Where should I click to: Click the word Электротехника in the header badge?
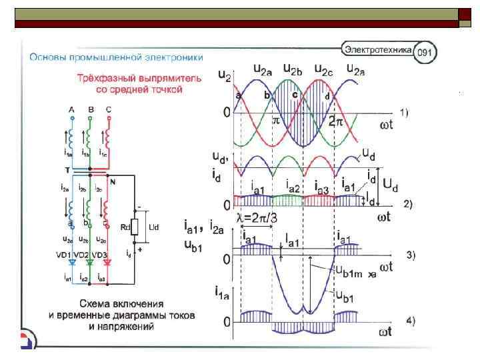pyautogui.click(x=378, y=49)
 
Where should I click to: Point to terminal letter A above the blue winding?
pyautogui.click(x=71, y=109)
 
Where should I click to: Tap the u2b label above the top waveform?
pyautogui.click(x=295, y=69)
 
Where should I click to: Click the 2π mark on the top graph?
pyautogui.click(x=337, y=122)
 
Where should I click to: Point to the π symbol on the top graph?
pyautogui.click(x=277, y=122)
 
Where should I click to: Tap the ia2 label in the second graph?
pyautogui.click(x=292, y=185)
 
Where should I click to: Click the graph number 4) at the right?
pyautogui.click(x=407, y=321)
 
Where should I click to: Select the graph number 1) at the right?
pyautogui.click(x=405, y=111)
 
